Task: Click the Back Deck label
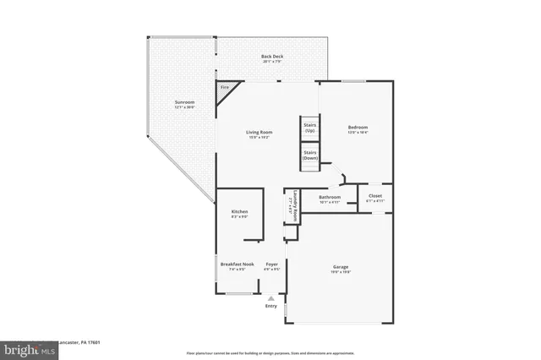click(272, 57)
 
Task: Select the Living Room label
click(259, 132)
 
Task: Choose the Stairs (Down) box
click(309, 155)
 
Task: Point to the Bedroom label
click(358, 128)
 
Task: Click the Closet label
click(375, 196)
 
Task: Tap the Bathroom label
click(330, 197)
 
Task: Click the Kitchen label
click(239, 212)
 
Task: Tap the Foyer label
click(272, 265)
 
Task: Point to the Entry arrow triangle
click(271, 298)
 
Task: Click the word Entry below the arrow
click(271, 306)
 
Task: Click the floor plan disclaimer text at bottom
click(270, 352)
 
